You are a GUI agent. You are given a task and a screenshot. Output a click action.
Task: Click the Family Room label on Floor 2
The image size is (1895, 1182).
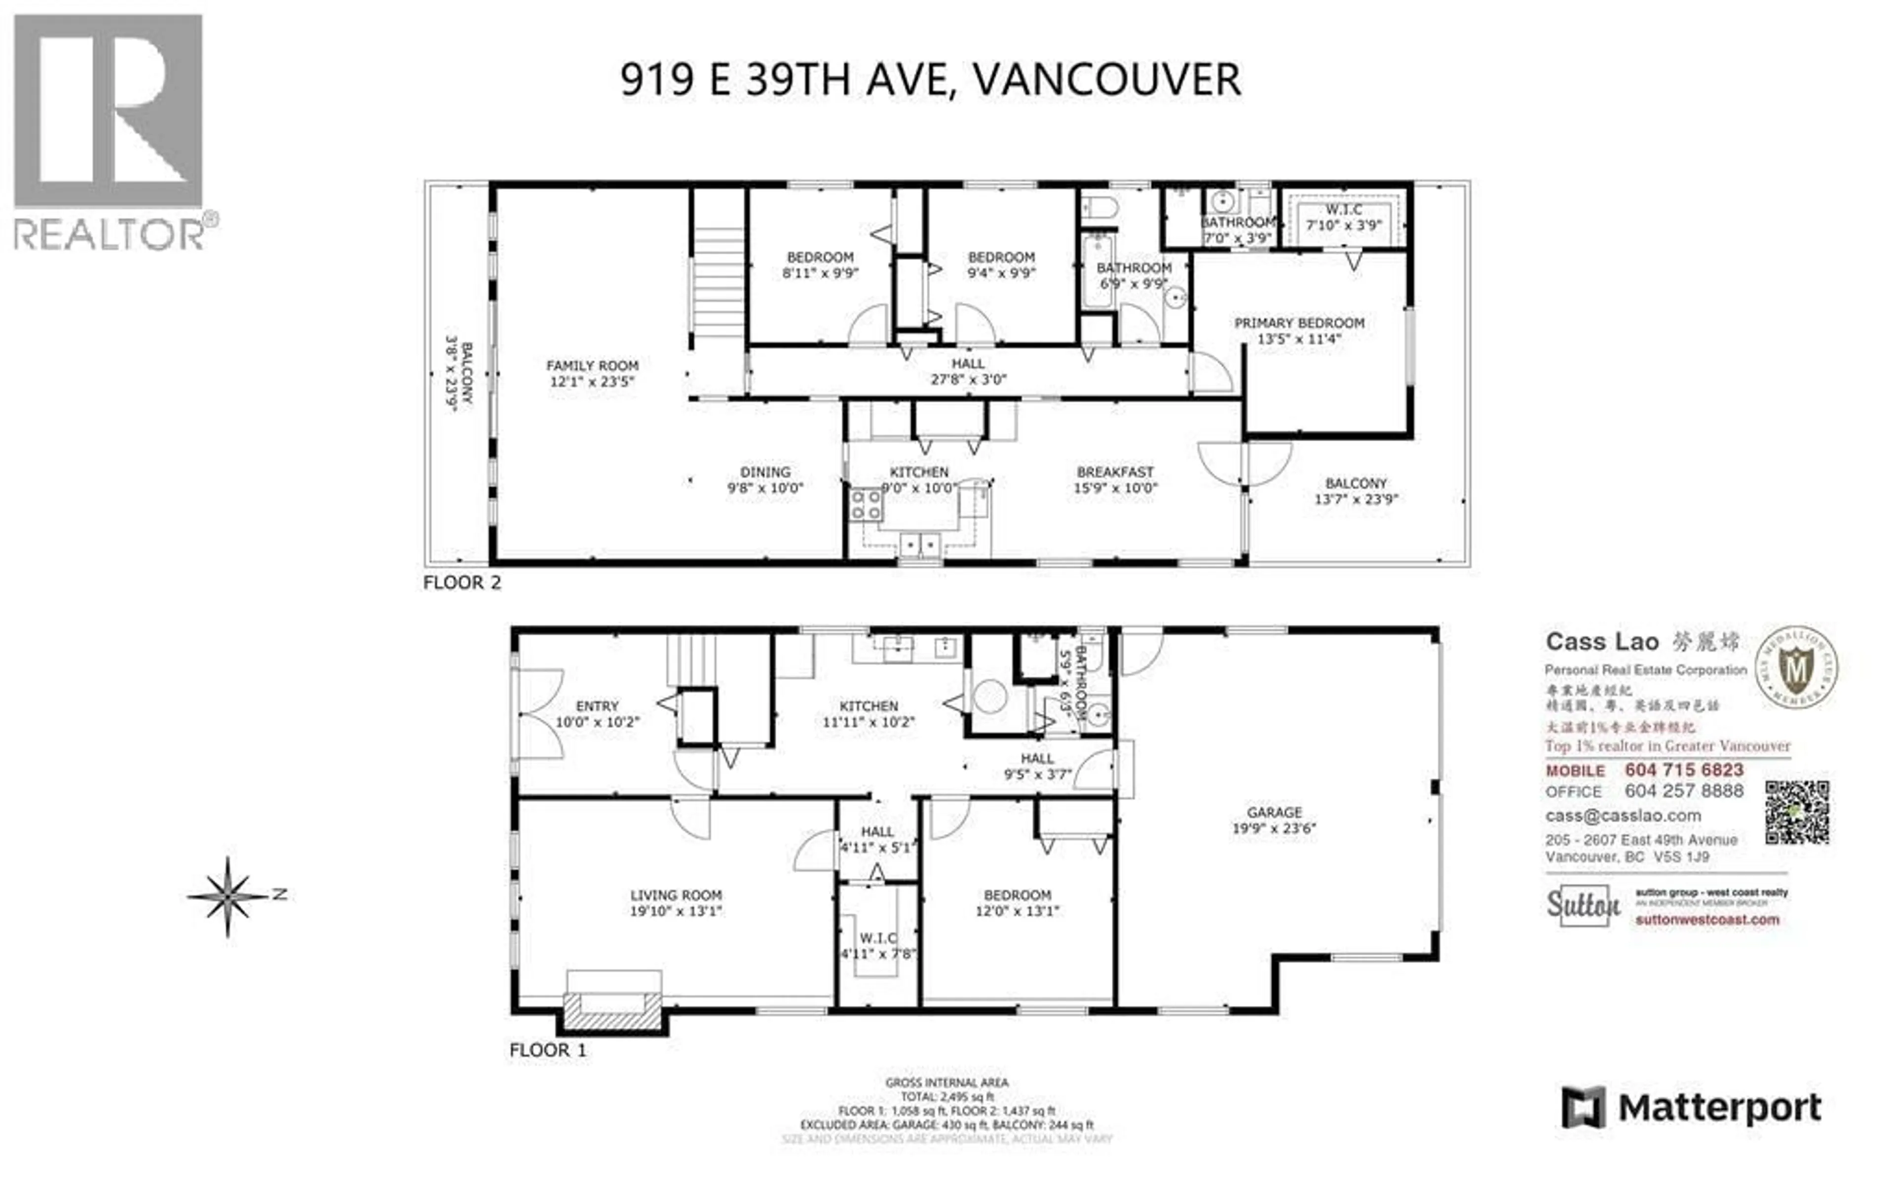click(x=592, y=366)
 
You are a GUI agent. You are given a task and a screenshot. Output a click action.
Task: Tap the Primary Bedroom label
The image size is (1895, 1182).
click(x=1298, y=323)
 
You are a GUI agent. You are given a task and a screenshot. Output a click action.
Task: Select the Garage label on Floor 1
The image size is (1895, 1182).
click(x=1274, y=812)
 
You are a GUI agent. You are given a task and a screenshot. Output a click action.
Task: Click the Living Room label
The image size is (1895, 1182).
click(x=676, y=895)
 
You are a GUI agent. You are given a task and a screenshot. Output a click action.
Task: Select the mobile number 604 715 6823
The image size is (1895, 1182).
click(x=1684, y=770)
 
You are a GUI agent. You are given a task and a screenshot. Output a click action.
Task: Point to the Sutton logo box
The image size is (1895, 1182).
click(x=1583, y=905)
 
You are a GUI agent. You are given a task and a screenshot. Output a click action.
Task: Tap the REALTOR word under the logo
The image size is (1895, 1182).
click(x=110, y=234)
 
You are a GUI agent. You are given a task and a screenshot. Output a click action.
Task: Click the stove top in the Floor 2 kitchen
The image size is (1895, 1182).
click(x=866, y=504)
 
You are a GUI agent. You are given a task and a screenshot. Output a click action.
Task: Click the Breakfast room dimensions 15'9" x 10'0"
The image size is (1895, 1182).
click(x=1115, y=488)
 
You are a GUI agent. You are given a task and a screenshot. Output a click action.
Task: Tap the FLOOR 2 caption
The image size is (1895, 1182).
click(x=461, y=583)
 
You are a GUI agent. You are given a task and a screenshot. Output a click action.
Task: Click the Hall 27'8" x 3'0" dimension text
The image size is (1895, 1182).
click(x=968, y=380)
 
